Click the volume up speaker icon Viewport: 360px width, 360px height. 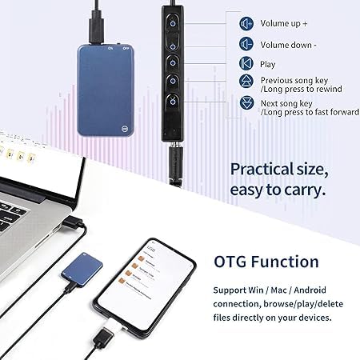(x=247, y=23)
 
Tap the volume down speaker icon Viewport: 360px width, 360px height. (x=247, y=44)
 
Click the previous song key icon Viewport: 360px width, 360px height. (x=247, y=82)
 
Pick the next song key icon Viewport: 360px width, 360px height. (x=247, y=103)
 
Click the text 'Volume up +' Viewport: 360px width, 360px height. (x=282, y=23)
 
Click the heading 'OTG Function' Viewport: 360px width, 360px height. (x=266, y=262)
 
